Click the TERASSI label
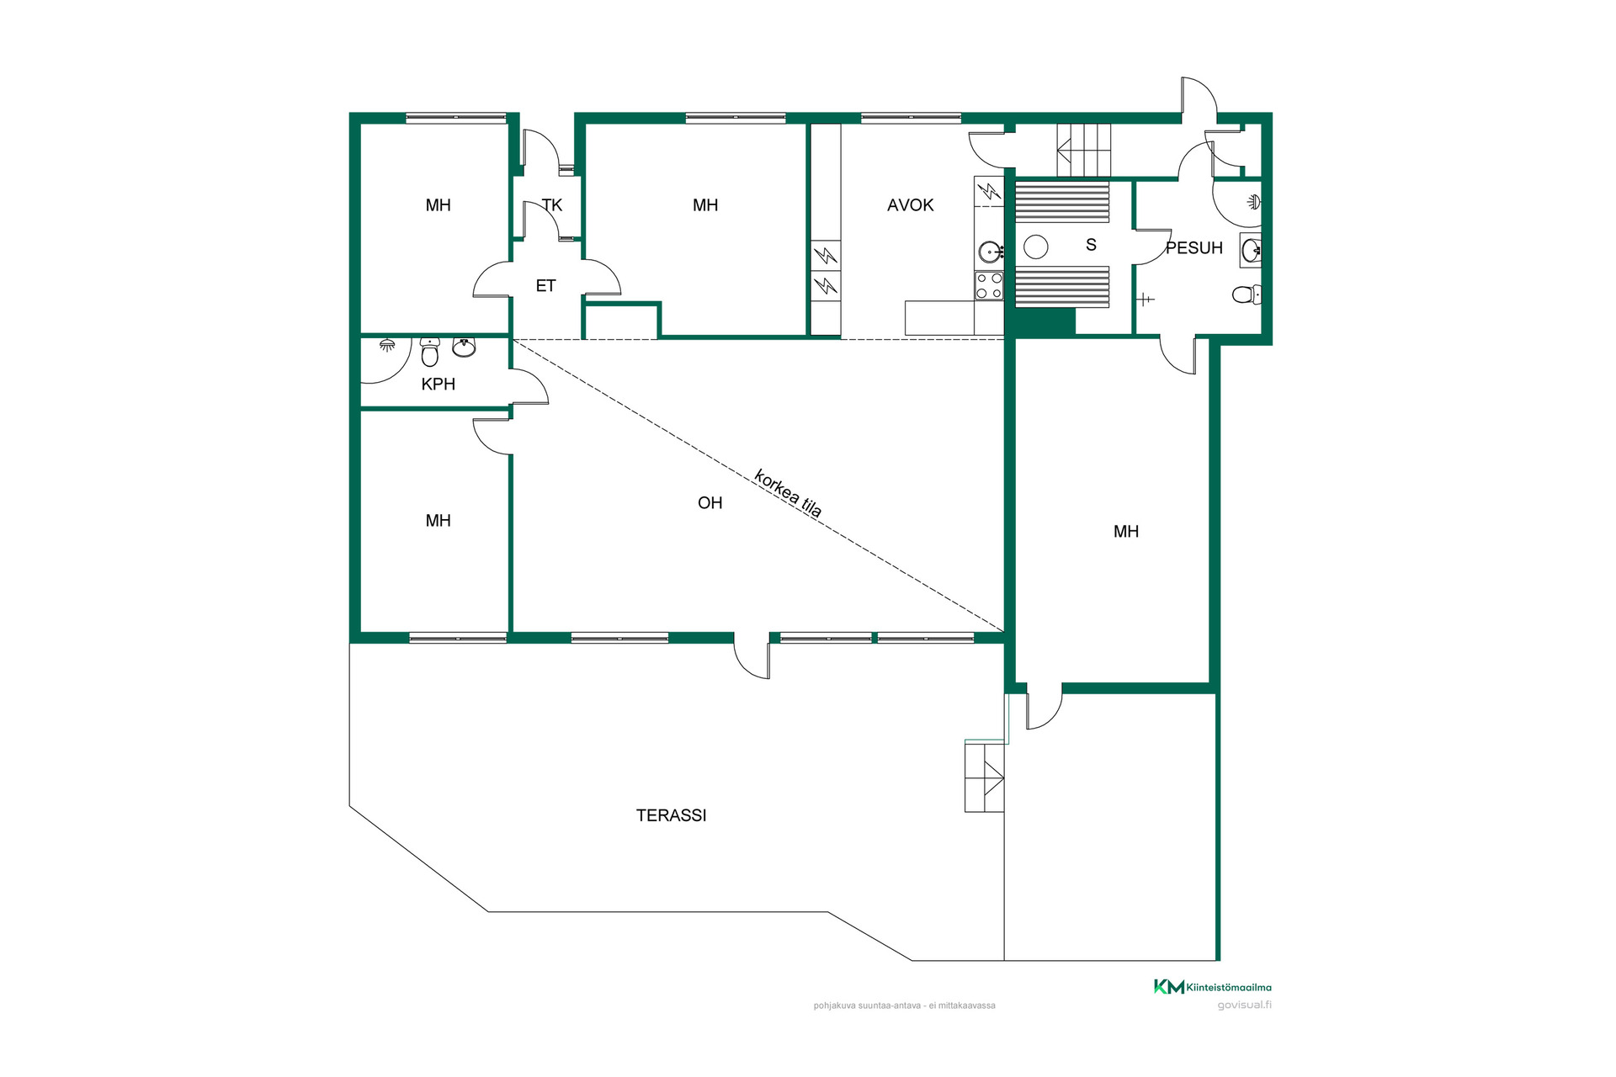pos(671,815)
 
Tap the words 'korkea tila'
pos(788,493)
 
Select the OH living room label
pos(710,503)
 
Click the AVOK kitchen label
pos(910,205)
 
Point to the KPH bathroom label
pos(438,385)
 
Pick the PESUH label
pos(1193,248)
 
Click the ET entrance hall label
pos(545,286)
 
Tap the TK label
pos(552,205)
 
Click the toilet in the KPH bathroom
pos(430,353)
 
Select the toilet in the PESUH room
pos(1247,294)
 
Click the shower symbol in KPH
pos(387,344)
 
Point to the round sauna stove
pos(1035,247)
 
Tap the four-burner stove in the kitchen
pos(989,286)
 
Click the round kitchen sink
pos(990,252)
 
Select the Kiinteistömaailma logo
pos(1212,987)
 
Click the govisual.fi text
pos(1244,1005)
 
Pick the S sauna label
pos(1091,245)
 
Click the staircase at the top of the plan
pos(1084,150)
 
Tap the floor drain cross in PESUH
pos(1146,300)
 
